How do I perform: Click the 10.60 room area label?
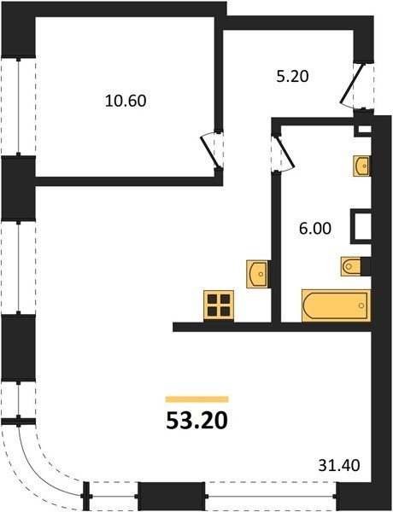[126, 101]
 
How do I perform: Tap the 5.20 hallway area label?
[292, 77]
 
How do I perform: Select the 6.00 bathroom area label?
[315, 228]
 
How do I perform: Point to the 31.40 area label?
[339, 465]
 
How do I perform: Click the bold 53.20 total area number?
[196, 420]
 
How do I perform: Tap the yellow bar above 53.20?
[196, 399]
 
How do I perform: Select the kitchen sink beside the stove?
[258, 274]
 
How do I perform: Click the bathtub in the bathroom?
[336, 305]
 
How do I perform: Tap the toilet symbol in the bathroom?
[351, 266]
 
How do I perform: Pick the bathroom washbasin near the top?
[361, 166]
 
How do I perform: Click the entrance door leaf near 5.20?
[351, 84]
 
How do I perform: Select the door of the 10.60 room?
[208, 151]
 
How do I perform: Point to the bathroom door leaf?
[285, 152]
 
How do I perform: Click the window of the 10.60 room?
[19, 107]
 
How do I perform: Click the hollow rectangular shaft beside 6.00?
[361, 226]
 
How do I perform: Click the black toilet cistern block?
[366, 266]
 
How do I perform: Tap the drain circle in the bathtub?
[361, 305]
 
